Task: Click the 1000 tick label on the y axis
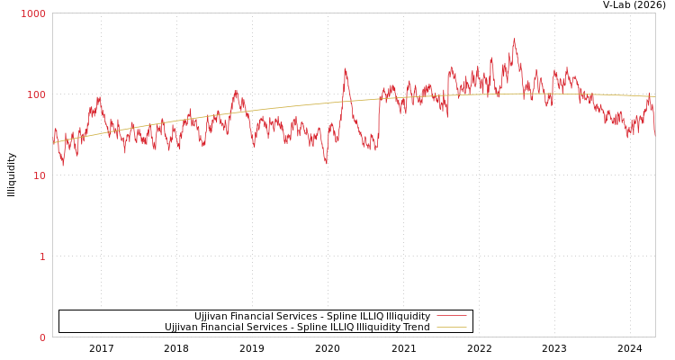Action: [x=33, y=14]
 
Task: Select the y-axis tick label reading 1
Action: [x=42, y=257]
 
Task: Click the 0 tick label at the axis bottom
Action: [x=42, y=338]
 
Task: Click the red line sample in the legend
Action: [x=451, y=317]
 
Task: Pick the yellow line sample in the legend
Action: [x=451, y=328]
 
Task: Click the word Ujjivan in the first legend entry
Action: [x=211, y=317]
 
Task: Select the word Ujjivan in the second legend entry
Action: [x=182, y=328]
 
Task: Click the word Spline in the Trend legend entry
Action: [x=310, y=328]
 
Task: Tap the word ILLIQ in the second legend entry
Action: [x=343, y=328]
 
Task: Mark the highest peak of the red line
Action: [x=515, y=39]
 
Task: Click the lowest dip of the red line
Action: [x=62, y=166]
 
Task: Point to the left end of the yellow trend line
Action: [x=53, y=143]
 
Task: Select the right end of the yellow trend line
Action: [x=654, y=96]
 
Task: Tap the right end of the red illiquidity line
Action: [x=654, y=134]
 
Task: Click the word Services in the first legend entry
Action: [x=301, y=317]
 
